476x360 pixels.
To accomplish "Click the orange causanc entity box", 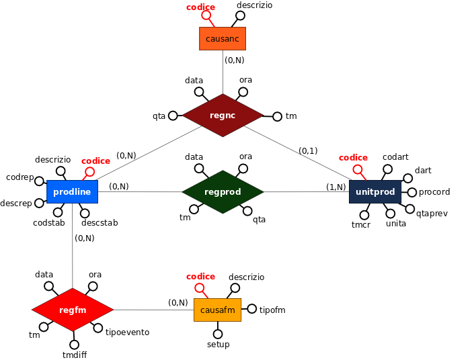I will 223,38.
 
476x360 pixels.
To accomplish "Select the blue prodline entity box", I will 72,191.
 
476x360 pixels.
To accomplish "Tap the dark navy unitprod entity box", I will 375,191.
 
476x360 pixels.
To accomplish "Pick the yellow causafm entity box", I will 217,310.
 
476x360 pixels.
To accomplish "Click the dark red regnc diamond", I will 223,116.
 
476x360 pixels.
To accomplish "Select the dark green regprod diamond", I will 223,191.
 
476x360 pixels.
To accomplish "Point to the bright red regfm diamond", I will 73,310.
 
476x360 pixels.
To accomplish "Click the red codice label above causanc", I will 200,7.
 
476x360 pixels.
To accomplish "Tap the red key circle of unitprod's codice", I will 358,169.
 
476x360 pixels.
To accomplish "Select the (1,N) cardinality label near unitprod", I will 335,187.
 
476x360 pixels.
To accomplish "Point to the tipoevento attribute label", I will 127,332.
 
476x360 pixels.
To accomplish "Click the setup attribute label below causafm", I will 218,344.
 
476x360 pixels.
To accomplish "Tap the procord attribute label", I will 434,192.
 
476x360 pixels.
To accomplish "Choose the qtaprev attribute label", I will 432,213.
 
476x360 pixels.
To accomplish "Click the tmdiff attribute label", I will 74,355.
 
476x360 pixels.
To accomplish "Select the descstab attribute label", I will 100,222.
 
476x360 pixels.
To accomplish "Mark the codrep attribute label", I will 19,177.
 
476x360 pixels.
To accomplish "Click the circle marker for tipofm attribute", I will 252,309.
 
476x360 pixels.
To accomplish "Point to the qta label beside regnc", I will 159,116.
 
